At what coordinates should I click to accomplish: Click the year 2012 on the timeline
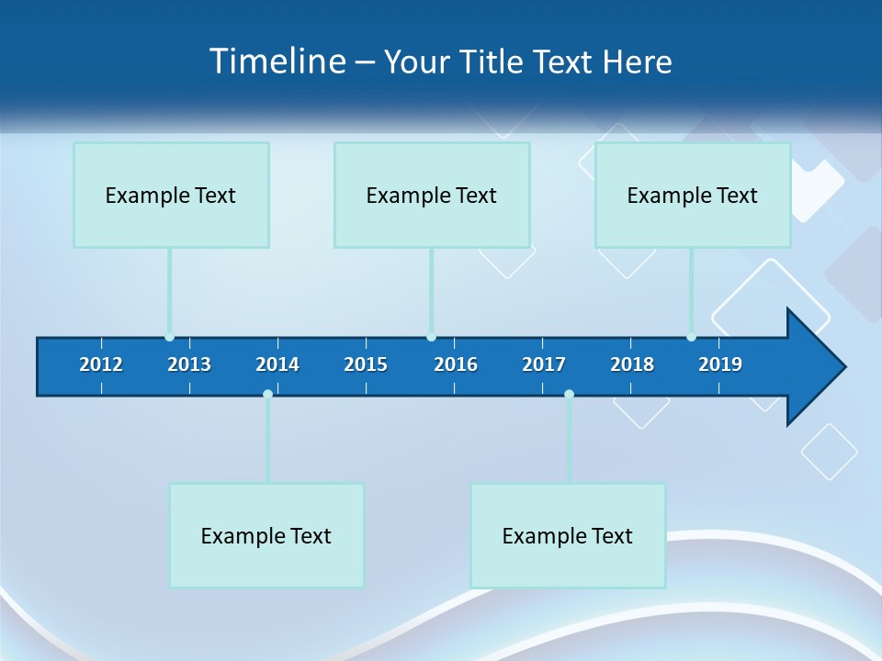(101, 364)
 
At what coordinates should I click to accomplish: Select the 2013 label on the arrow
(189, 364)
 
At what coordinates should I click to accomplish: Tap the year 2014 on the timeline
(277, 364)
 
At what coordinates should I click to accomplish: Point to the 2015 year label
(366, 364)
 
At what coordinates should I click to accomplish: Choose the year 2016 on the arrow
(456, 364)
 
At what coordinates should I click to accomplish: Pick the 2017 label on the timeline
(544, 364)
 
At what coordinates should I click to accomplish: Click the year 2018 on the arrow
(632, 364)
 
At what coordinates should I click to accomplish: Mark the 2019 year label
(720, 364)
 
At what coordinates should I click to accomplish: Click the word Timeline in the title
(277, 62)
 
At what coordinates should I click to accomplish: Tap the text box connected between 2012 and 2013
(171, 195)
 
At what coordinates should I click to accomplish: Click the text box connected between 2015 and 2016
(432, 195)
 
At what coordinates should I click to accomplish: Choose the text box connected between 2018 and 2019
(693, 195)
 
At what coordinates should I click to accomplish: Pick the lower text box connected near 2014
(266, 535)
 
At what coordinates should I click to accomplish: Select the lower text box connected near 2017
(568, 535)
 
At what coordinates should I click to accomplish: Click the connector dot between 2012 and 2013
(169, 337)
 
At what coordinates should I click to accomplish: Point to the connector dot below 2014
(267, 394)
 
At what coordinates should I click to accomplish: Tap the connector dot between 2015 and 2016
(431, 337)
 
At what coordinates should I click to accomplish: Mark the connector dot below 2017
(569, 394)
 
